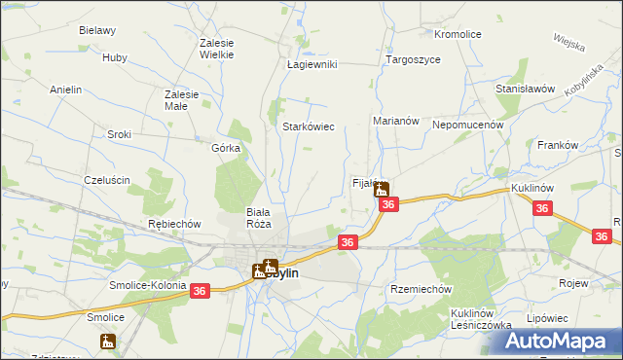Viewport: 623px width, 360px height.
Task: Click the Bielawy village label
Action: click(97, 30)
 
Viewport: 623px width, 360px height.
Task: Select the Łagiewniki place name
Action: click(311, 64)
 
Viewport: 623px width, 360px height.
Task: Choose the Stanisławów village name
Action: click(525, 88)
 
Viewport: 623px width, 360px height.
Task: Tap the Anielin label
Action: click(66, 89)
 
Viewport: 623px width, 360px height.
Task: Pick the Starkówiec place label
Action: click(309, 126)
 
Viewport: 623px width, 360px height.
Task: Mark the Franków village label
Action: click(558, 145)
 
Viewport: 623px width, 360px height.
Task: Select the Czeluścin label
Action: click(107, 180)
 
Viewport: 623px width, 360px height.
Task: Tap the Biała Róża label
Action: click(258, 217)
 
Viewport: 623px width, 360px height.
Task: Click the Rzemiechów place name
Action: click(421, 289)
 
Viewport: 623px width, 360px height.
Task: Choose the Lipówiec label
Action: click(573, 318)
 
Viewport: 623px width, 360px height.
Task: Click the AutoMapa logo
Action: click(557, 340)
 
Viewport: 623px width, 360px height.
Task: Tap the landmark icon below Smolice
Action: click(107, 342)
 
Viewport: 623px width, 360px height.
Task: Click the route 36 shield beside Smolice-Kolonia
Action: click(201, 291)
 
